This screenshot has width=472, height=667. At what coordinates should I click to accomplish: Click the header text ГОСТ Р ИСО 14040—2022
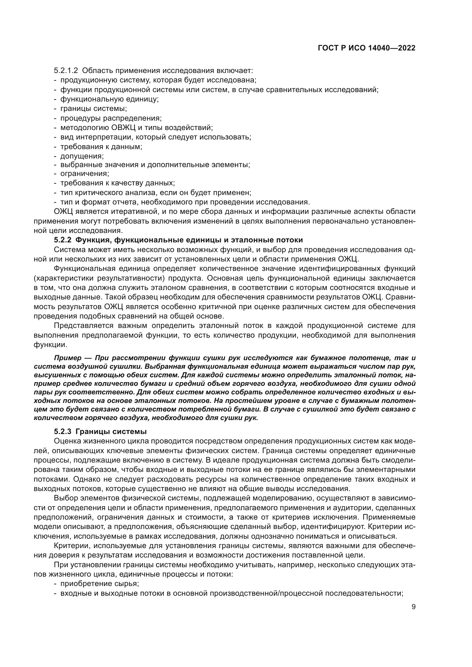coord(366,48)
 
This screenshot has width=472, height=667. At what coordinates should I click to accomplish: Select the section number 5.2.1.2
coord(66,71)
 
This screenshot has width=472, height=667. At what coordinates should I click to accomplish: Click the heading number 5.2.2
coord(62,240)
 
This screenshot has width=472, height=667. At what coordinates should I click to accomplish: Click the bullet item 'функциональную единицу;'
coord(109,99)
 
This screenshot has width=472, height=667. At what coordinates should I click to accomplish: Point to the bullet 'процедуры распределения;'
coord(111,118)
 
